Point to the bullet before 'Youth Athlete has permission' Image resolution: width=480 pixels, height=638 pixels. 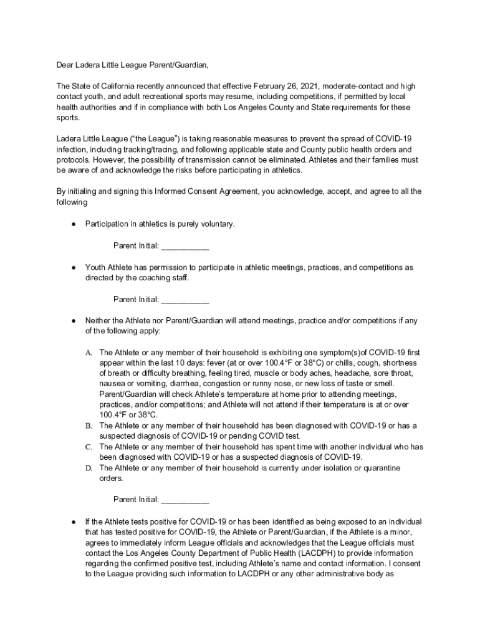73,267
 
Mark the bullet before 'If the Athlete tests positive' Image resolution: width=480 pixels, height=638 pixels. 73,521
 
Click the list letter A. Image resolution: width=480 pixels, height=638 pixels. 89,353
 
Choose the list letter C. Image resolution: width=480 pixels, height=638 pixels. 89,447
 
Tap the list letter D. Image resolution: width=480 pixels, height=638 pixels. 89,468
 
